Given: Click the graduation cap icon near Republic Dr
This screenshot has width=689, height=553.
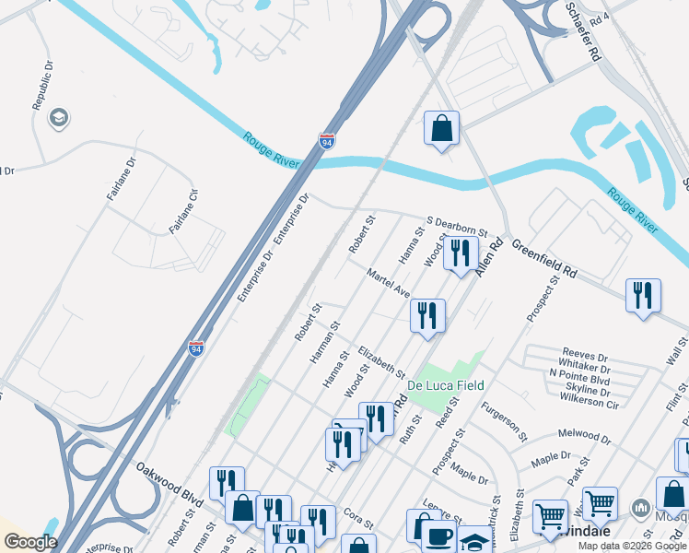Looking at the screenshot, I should click(59, 118).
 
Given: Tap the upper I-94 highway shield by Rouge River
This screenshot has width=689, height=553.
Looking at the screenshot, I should click(327, 141).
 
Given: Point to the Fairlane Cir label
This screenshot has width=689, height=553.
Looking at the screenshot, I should click(182, 210).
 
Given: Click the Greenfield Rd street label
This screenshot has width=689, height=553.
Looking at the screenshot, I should click(543, 260).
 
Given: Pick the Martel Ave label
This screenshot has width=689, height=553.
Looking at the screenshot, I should click(388, 282).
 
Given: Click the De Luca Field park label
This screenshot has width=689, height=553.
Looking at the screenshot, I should click(449, 384).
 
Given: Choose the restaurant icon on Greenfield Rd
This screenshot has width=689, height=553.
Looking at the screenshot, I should click(642, 296).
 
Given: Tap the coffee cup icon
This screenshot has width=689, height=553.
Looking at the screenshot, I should click(437, 537).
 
